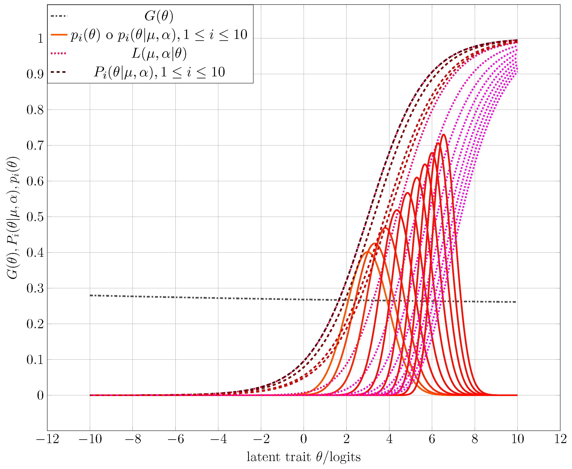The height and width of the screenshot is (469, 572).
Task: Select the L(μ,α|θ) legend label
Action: coord(159,53)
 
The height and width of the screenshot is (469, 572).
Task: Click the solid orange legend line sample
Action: coord(59,34)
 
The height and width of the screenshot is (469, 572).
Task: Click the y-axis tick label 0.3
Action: coord(35,289)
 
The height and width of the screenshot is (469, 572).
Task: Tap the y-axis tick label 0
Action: coord(40,395)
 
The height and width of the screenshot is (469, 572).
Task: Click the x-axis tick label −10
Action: coord(90,439)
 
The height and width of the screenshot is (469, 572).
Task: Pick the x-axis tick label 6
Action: coord(432,439)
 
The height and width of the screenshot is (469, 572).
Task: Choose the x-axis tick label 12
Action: coord(560,439)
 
